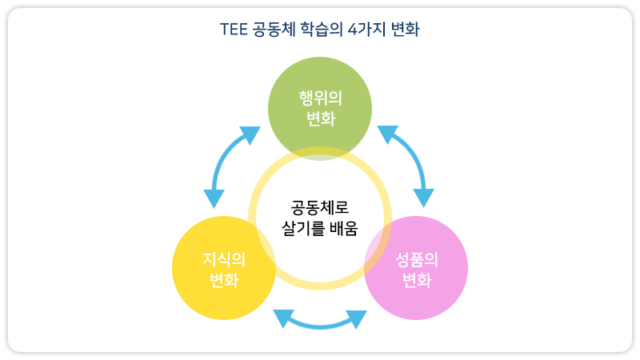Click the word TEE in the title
[234, 30]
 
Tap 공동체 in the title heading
[274, 30]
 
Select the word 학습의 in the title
[322, 30]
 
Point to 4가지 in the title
[366, 30]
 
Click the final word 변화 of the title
[405, 30]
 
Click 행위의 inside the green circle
[321, 98]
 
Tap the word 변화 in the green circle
[321, 118]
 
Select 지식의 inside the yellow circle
[224, 259]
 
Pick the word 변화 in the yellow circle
[224, 280]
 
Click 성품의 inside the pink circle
[417, 259]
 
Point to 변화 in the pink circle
[417, 280]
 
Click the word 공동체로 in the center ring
[320, 207]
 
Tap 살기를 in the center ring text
[302, 228]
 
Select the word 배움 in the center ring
[344, 228]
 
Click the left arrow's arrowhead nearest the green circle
[250, 134]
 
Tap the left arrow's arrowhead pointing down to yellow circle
[214, 198]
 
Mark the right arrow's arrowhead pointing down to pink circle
[424, 198]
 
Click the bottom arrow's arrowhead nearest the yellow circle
[283, 318]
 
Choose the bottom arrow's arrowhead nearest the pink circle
[357, 318]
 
